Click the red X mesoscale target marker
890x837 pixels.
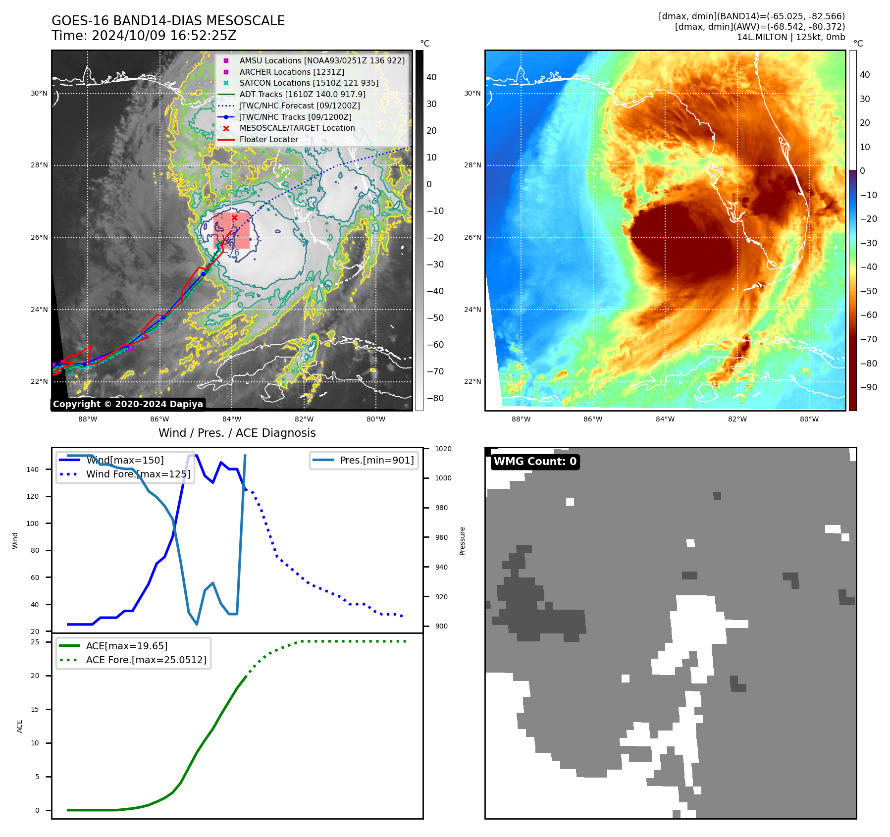[x=234, y=217]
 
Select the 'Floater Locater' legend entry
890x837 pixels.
[x=268, y=140]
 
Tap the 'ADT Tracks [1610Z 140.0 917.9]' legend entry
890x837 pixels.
[x=302, y=94]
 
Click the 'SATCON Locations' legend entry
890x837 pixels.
[x=309, y=83]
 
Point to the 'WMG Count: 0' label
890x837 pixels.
[x=535, y=462]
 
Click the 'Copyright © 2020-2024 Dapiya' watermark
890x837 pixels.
[x=128, y=404]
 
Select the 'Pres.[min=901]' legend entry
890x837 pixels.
[x=376, y=461]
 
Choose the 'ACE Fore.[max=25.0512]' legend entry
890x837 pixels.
[x=146, y=660]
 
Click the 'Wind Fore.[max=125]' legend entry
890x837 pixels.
[x=138, y=474]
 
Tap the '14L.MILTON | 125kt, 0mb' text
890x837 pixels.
[x=790, y=37]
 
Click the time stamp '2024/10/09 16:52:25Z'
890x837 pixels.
[x=164, y=36]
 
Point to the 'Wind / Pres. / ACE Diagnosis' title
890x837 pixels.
[x=237, y=433]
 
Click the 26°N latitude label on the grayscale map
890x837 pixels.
[x=39, y=238]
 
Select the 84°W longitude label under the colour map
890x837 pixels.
[x=665, y=419]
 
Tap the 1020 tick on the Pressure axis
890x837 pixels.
[x=443, y=449]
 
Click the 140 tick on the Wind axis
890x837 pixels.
[x=32, y=470]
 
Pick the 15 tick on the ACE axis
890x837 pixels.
[x=35, y=709]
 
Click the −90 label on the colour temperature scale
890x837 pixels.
[x=868, y=387]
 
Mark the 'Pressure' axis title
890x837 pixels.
[x=462, y=541]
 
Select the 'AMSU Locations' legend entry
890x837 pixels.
[x=322, y=60]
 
